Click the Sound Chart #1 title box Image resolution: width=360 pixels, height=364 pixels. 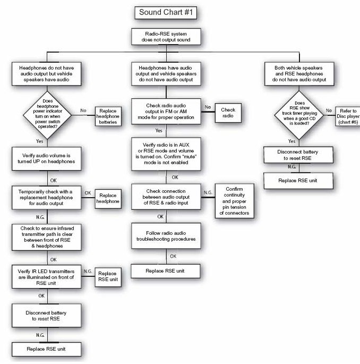166,12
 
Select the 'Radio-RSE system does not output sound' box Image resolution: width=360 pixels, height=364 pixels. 166,37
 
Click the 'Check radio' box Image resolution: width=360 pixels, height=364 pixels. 228,111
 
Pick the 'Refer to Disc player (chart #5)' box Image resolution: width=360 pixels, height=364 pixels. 348,116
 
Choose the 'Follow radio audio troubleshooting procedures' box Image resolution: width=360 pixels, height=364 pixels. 166,236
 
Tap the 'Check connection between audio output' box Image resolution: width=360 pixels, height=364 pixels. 166,195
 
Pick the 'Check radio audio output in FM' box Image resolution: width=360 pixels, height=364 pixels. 166,111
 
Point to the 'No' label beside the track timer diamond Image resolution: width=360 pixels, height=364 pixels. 329,110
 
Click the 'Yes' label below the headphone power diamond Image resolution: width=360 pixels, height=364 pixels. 39,141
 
